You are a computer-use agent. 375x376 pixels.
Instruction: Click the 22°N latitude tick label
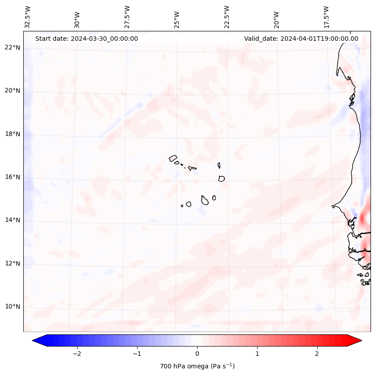13,48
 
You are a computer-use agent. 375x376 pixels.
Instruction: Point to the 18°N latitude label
13,134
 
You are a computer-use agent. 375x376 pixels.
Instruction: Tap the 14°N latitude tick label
13,220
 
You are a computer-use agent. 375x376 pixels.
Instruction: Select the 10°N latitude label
13,307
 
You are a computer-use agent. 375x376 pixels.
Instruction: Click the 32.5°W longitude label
28,17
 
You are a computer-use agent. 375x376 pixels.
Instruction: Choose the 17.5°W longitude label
326,17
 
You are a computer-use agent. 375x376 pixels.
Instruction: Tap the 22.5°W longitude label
227,17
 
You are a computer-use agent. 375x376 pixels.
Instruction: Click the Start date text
86,39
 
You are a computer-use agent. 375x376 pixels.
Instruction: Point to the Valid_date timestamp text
301,39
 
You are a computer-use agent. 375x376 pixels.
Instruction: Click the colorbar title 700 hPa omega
197,366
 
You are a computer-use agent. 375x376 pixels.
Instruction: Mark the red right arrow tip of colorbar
361,341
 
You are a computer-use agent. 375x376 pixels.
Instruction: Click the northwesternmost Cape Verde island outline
173,158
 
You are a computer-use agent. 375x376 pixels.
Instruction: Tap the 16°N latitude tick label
13,177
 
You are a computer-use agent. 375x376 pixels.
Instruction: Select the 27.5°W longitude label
127,17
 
